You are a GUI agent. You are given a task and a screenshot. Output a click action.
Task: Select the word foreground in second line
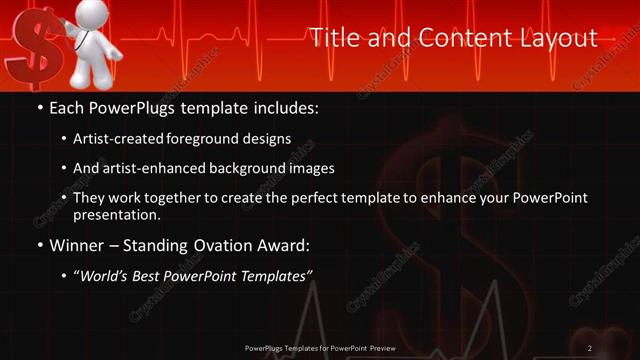pos(214,139)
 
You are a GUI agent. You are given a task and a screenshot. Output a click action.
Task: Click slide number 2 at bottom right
pos(590,347)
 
